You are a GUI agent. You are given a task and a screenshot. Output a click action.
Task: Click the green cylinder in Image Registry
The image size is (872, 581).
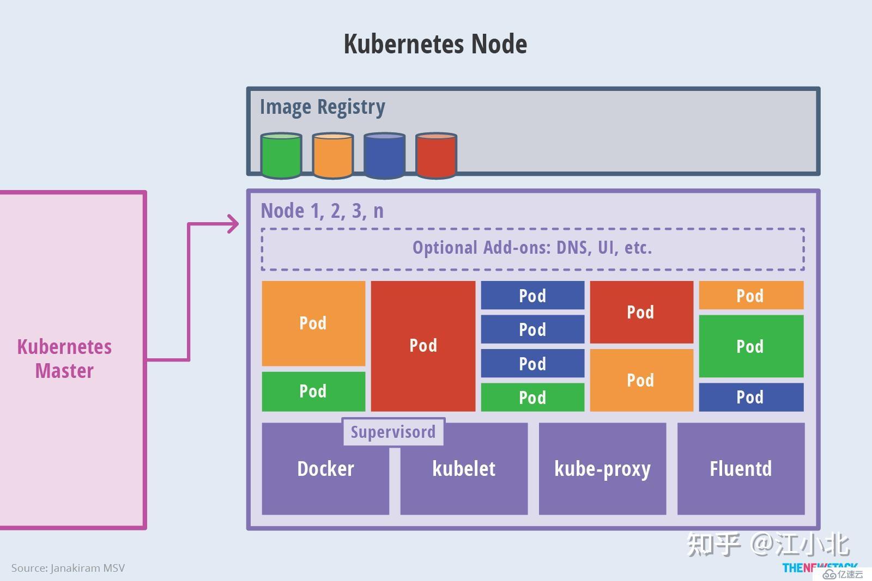click(281, 156)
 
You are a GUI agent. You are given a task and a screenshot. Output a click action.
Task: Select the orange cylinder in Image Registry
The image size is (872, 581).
click(332, 156)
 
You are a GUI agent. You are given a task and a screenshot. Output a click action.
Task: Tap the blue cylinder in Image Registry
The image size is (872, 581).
click(384, 156)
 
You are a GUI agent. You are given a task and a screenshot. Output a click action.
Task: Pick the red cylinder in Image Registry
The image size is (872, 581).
click(436, 156)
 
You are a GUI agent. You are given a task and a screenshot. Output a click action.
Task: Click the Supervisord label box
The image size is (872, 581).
click(393, 432)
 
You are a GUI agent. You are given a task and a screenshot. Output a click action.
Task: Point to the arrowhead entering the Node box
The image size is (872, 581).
click(234, 224)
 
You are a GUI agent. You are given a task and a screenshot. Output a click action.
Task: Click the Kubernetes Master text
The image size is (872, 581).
click(64, 359)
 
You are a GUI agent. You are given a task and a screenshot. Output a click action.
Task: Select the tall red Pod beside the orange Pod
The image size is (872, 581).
click(423, 346)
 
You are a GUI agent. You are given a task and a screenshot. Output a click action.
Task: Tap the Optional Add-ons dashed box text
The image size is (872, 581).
click(532, 248)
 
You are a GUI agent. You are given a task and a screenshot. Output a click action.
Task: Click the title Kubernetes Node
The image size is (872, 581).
click(435, 44)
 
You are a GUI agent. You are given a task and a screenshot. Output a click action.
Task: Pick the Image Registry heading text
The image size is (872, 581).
click(322, 107)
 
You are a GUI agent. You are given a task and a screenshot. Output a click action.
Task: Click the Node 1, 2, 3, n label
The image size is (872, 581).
click(322, 211)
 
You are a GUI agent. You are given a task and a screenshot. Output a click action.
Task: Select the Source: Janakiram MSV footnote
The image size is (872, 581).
click(68, 568)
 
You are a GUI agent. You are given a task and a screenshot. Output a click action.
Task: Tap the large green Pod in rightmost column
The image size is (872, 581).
click(750, 346)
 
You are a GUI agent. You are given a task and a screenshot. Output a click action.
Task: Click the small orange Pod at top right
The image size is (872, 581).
click(750, 296)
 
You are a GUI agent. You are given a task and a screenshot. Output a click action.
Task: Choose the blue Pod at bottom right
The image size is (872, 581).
click(750, 397)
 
